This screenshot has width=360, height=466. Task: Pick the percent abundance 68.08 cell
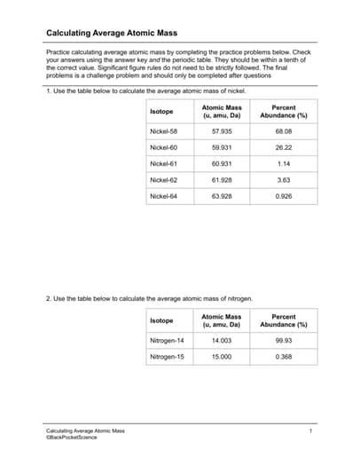283,130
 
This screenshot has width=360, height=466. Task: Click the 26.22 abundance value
283,147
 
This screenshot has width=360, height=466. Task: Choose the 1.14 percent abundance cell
283,163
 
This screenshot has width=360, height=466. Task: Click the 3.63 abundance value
283,179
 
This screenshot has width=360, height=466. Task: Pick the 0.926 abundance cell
283,195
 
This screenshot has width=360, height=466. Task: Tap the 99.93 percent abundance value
283,340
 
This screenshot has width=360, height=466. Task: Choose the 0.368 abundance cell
283,357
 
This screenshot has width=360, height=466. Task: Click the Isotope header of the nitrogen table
161,320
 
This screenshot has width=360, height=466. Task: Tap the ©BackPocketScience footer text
72,437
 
